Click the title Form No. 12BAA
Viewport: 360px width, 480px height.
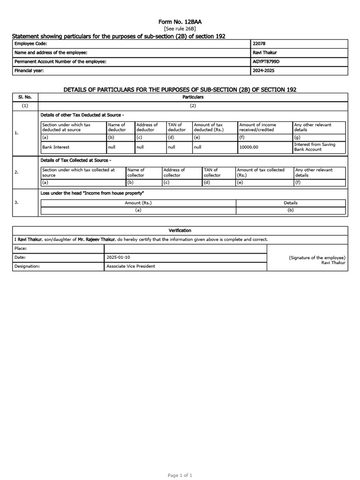(180, 22)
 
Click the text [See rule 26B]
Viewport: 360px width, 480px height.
(180, 29)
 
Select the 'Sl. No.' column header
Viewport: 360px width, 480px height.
(25, 97)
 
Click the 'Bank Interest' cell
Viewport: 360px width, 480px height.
(56, 147)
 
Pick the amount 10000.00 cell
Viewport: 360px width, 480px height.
(249, 147)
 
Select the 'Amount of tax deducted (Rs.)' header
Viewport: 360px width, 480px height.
(208, 127)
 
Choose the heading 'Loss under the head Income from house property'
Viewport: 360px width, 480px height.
(92, 193)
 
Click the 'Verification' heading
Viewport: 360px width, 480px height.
(180, 231)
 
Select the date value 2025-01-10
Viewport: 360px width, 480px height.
(118, 257)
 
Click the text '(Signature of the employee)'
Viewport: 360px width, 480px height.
(317, 258)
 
